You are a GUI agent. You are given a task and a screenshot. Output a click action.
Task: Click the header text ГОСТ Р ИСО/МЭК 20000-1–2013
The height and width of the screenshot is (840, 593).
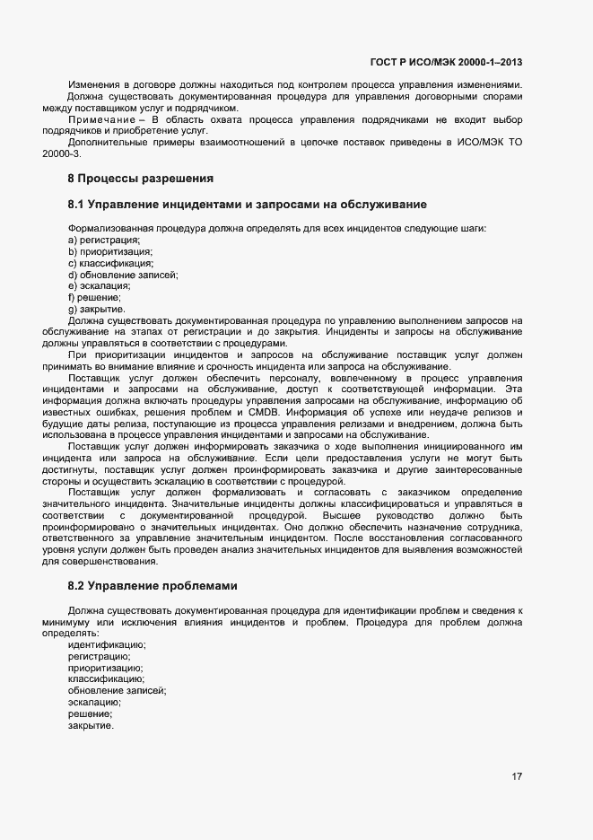pos(446,63)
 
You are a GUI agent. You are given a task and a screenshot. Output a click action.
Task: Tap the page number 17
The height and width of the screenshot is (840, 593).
pos(517,777)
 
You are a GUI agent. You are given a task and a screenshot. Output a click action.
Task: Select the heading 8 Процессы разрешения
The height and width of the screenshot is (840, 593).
pos(140,178)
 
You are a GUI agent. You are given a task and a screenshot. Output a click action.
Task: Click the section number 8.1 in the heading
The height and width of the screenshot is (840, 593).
pos(77,206)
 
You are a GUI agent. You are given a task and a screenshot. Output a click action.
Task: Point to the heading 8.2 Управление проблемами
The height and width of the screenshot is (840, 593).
pos(153,586)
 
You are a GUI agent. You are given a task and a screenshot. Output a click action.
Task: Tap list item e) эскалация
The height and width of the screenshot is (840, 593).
pos(100,286)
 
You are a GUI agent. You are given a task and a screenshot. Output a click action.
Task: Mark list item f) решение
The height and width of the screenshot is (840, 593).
pos(94,297)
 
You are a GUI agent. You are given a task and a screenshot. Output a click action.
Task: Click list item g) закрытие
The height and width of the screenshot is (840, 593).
pos(96,309)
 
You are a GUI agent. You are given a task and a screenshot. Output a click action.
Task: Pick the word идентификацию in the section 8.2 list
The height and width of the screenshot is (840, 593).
pos(107,644)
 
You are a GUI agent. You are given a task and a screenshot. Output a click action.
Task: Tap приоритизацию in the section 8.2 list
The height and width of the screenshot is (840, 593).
pos(105,668)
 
